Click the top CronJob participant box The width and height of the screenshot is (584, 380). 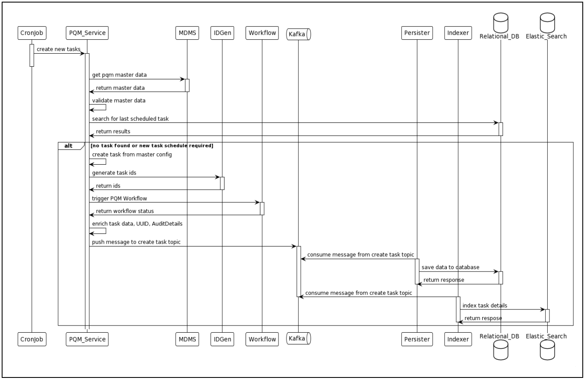click(32, 33)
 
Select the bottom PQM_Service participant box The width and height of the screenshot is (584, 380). click(87, 339)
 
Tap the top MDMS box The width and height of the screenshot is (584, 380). click(187, 33)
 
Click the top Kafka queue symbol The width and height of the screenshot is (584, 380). click(298, 34)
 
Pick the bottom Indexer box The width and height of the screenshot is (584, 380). click(458, 339)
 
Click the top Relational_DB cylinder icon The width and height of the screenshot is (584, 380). click(500, 22)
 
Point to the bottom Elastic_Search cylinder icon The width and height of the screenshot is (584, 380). click(547, 350)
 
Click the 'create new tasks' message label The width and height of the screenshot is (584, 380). click(58, 49)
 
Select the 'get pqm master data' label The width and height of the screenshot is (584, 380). click(119, 75)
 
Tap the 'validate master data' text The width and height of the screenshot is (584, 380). click(119, 100)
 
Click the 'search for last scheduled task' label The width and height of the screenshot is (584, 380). click(130, 119)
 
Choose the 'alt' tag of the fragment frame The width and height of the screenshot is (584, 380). click(68, 146)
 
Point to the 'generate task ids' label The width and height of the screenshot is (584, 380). click(114, 173)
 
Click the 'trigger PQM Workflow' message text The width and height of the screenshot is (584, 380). click(119, 198)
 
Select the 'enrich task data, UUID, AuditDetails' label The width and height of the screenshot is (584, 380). click(137, 224)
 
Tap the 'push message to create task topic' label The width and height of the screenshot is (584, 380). click(136, 242)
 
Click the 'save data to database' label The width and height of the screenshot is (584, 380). click(450, 267)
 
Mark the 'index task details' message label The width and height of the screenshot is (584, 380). click(485, 306)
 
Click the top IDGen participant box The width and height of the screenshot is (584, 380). click(222, 33)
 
